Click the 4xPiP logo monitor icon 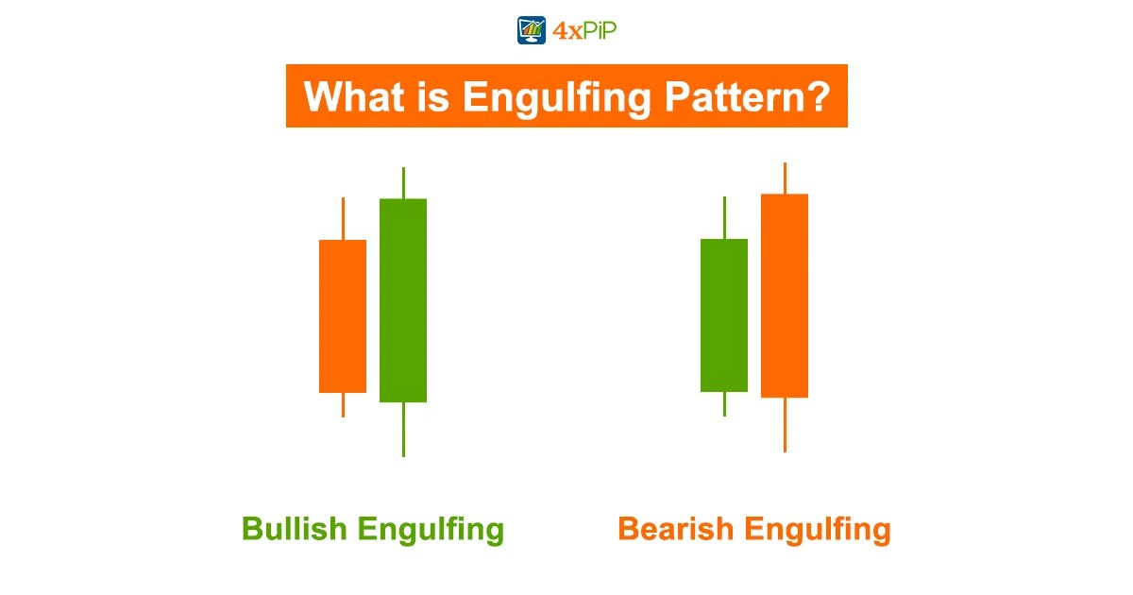tap(532, 30)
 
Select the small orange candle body tap(343, 315)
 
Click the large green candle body tap(403, 300)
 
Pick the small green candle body tap(724, 314)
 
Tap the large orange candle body tap(785, 296)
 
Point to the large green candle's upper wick tap(403, 183)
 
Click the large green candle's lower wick tap(403, 429)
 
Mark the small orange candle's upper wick tap(343, 218)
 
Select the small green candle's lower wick tap(724, 403)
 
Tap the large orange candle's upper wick tap(785, 178)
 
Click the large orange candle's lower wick tap(785, 424)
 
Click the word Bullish tap(294, 529)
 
